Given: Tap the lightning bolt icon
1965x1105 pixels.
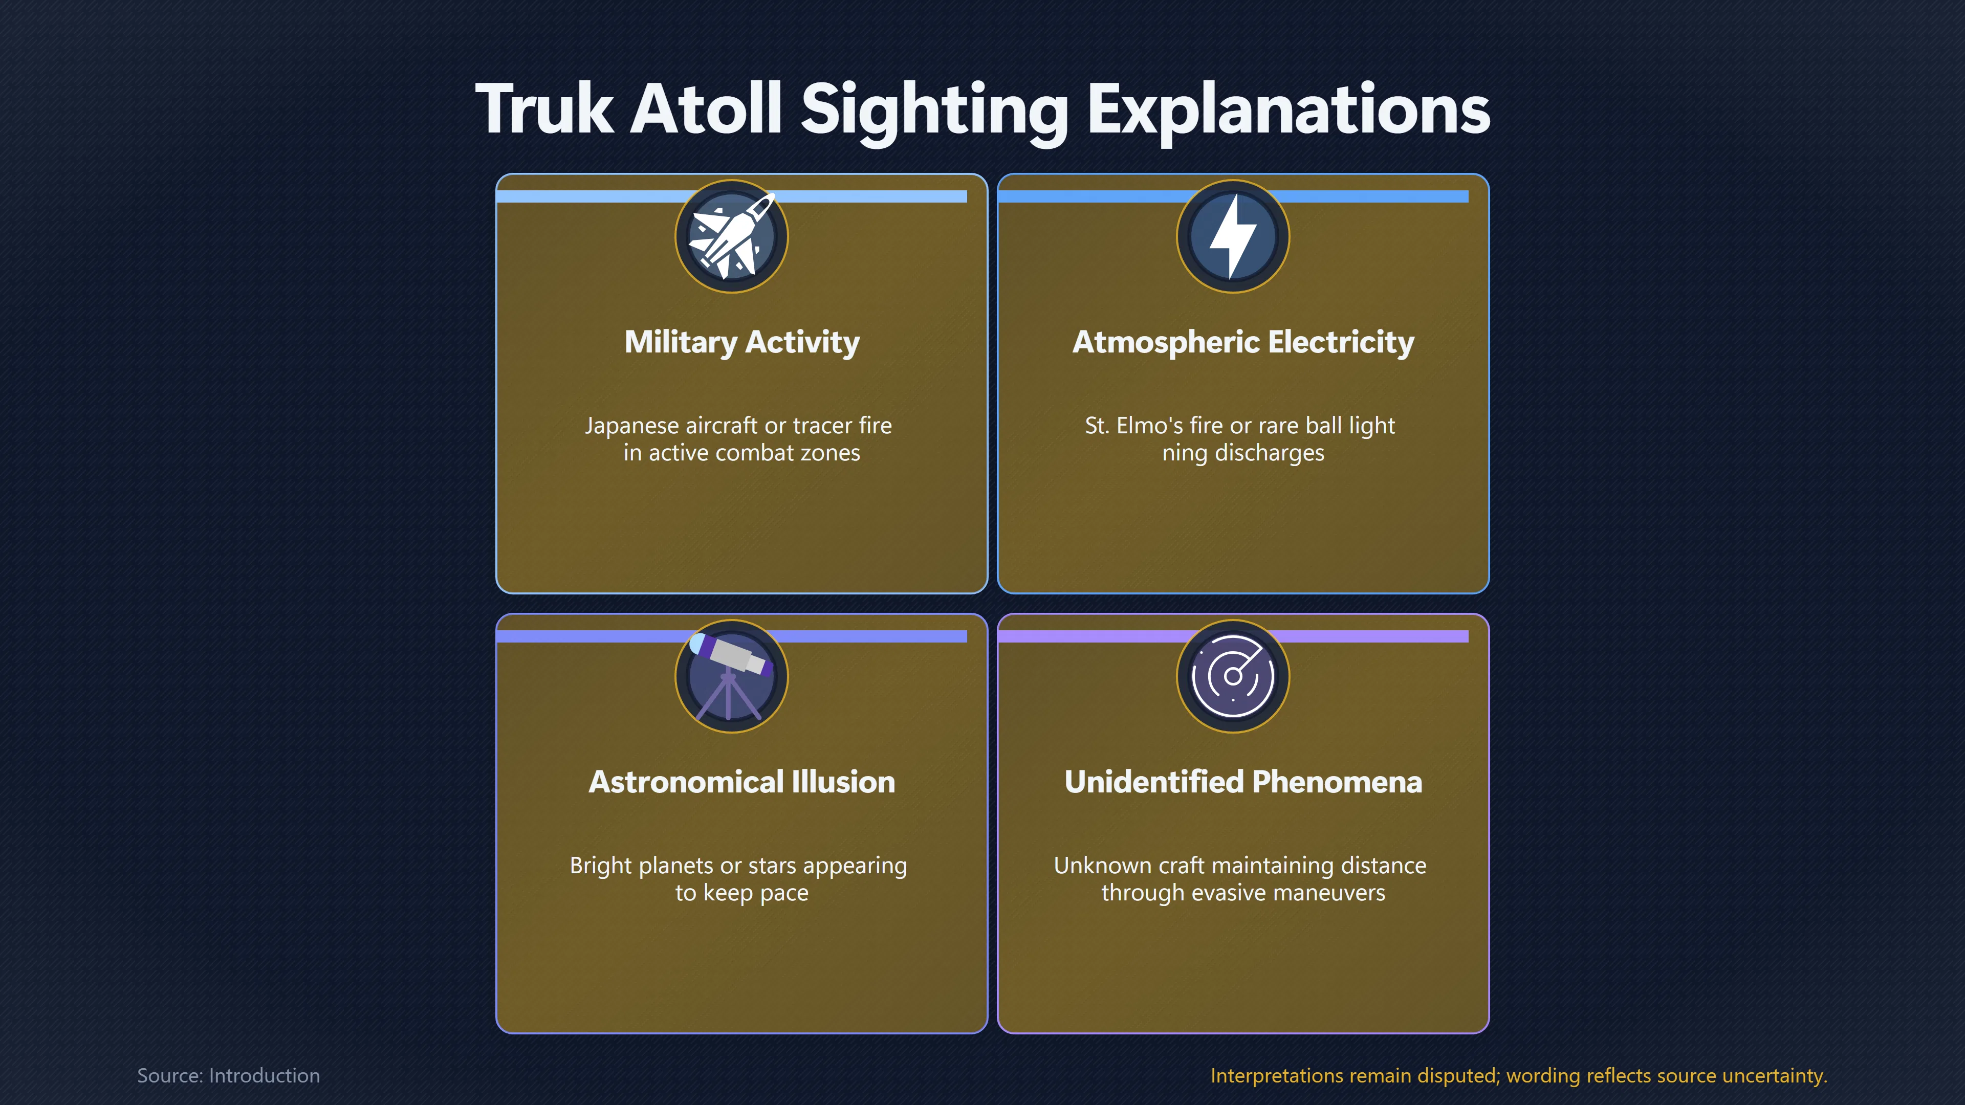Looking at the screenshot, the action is point(1233,236).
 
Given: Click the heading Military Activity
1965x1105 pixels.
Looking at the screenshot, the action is point(741,342).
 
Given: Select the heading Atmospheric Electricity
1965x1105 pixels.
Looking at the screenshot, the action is point(1243,342).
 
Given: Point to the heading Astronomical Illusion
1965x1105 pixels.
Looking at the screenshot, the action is point(741,782).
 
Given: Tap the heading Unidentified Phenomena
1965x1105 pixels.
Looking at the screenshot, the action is point(1243,782).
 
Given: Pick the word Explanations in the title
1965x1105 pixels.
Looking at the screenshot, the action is point(1289,110).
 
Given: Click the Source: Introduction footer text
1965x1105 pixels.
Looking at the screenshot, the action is point(228,1075).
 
